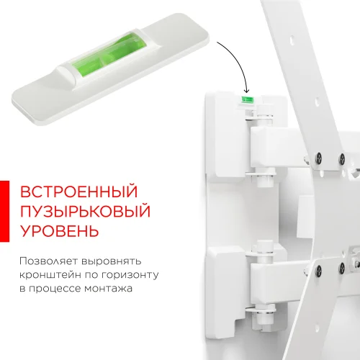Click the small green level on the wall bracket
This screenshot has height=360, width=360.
[x=247, y=94]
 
